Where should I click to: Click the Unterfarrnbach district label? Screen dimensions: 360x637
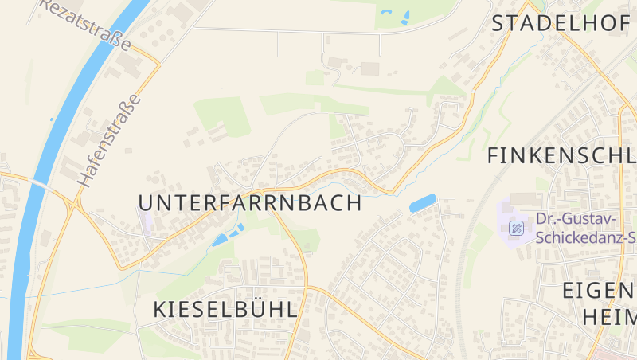[250, 203]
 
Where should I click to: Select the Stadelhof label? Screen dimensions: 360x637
[560, 23]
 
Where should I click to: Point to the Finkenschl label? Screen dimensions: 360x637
[561, 155]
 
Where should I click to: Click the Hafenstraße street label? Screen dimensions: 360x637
[109, 141]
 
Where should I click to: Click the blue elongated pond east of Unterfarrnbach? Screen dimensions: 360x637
[423, 202]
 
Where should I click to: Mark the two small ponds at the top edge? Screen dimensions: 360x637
[396, 16]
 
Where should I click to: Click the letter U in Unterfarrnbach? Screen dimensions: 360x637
[147, 203]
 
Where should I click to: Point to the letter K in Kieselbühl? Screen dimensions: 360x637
[158, 310]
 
